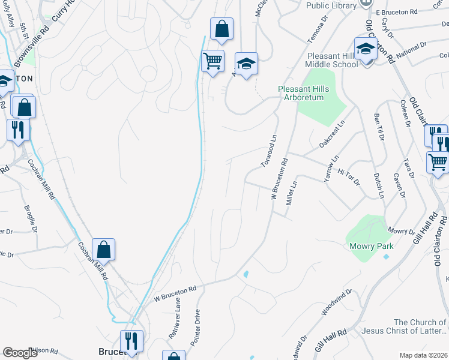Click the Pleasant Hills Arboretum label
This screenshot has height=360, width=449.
coord(301,93)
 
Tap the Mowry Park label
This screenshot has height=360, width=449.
coord(371,246)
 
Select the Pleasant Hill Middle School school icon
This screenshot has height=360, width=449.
coord(365,49)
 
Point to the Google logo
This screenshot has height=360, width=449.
coord(20,353)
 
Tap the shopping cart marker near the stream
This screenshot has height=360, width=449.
coord(213,61)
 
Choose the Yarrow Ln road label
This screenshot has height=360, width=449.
coord(332,166)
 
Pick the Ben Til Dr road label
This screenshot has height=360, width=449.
coord(378,127)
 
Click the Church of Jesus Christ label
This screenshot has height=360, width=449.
coord(420,326)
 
